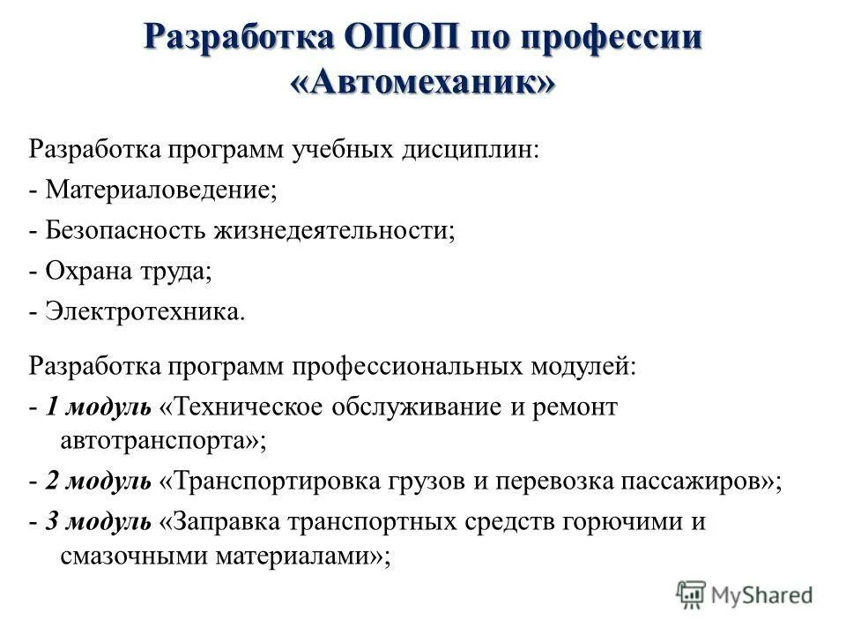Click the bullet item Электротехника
click(x=141, y=313)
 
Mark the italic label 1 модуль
click(x=98, y=407)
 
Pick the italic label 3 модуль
click(x=98, y=521)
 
